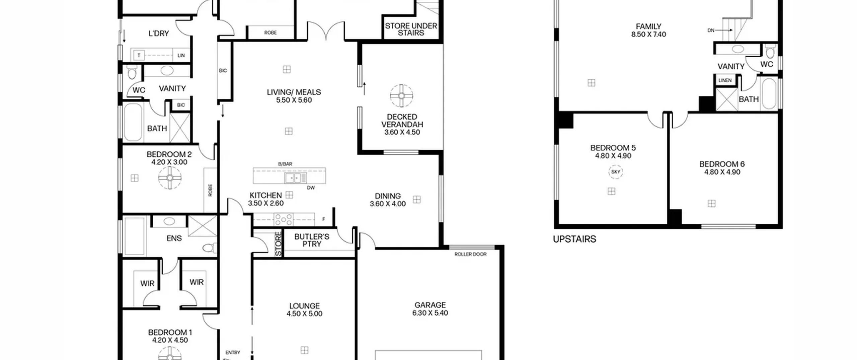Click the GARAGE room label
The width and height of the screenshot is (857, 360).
pyautogui.click(x=430, y=305)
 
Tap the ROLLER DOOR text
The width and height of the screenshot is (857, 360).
pyautogui.click(x=470, y=254)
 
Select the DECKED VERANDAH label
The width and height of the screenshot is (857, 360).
pyautogui.click(x=402, y=121)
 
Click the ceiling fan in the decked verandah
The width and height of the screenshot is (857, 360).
pyautogui.click(x=401, y=96)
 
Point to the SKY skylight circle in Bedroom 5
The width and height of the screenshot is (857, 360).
pyautogui.click(x=616, y=172)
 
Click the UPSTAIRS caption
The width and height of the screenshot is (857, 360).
pyautogui.click(x=574, y=239)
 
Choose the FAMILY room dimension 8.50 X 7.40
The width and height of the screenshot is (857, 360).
pyautogui.click(x=648, y=34)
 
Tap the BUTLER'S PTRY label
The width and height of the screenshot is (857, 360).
pyautogui.click(x=312, y=240)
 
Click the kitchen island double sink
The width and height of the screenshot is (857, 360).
pyautogui.click(x=295, y=177)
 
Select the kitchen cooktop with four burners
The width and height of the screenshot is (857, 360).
pyautogui.click(x=284, y=220)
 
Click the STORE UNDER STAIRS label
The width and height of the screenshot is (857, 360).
pyautogui.click(x=411, y=29)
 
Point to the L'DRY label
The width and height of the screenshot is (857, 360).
pyautogui.click(x=159, y=33)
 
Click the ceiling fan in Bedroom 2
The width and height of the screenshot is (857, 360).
pyautogui.click(x=170, y=177)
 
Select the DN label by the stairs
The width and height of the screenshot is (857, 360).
pyautogui.click(x=711, y=30)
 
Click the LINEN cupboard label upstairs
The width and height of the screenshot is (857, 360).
pyautogui.click(x=725, y=80)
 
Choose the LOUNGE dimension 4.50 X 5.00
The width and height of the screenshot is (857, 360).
pyautogui.click(x=304, y=314)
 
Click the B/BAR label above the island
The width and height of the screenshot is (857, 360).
pyautogui.click(x=285, y=164)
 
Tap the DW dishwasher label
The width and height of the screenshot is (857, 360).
pyautogui.click(x=311, y=188)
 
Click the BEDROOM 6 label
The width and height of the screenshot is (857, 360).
pyautogui.click(x=722, y=164)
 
